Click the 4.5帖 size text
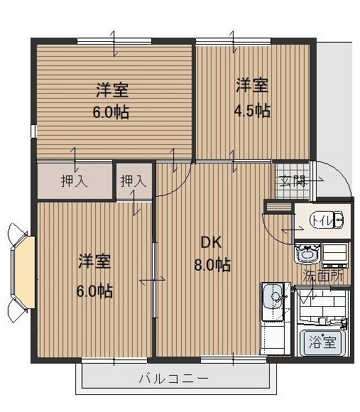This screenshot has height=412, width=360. [x=252, y=110]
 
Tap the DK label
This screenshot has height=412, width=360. [x=211, y=242]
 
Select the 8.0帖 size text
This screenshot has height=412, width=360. [x=211, y=264]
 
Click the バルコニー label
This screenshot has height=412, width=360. [x=173, y=379]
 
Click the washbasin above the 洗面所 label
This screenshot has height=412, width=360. [x=307, y=253]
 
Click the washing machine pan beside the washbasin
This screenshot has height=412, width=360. [x=336, y=253]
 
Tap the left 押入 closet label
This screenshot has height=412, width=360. [x=74, y=181]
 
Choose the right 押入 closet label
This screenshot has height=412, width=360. [x=133, y=181]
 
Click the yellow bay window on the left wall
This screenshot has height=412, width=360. [x=26, y=270]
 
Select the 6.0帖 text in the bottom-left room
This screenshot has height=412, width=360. [x=95, y=290]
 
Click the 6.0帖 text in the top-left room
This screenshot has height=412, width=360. [x=112, y=112]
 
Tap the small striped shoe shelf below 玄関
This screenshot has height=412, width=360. [x=278, y=207]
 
